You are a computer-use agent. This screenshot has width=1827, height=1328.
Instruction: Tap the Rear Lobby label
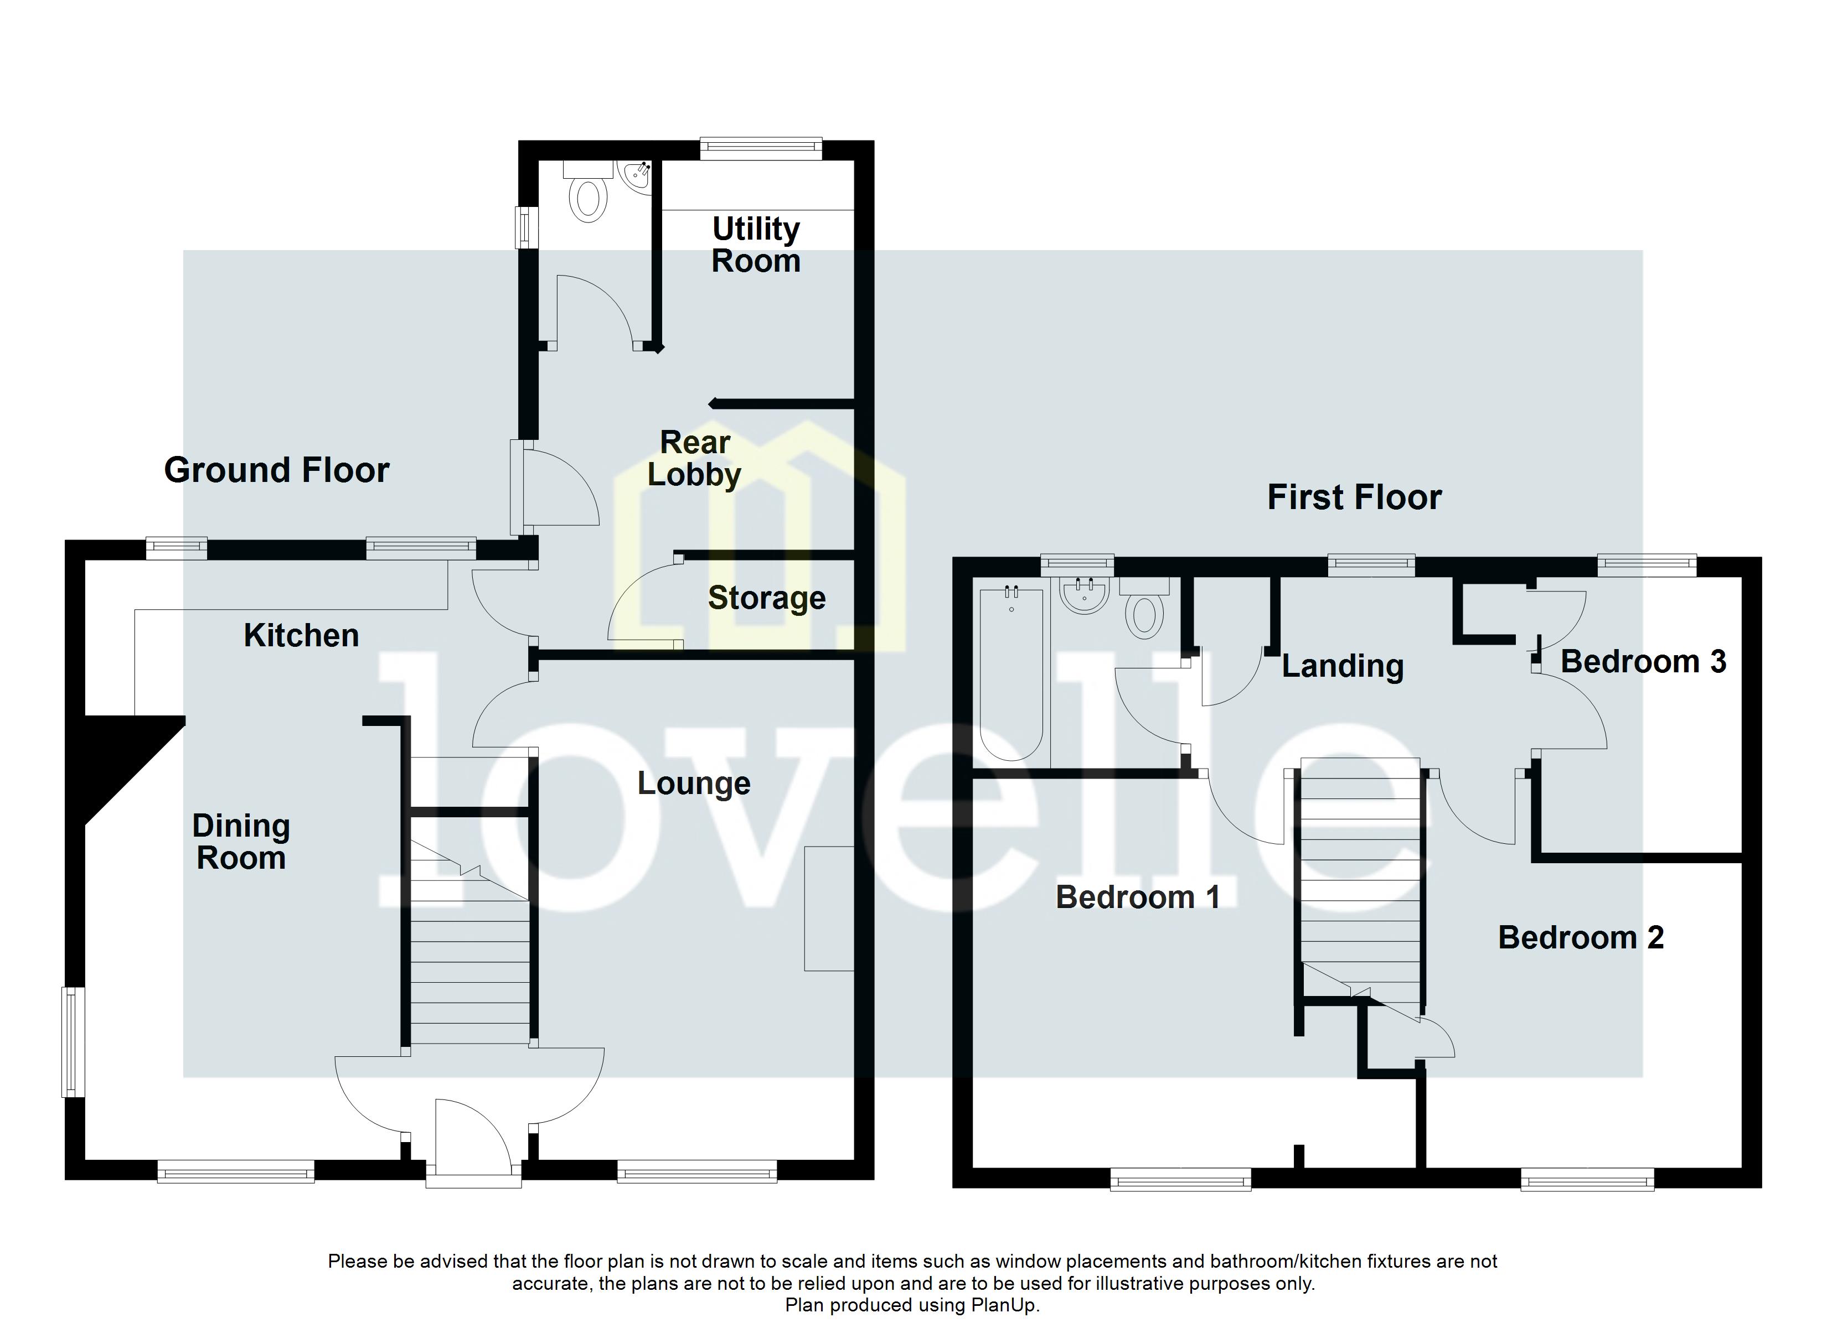(694, 458)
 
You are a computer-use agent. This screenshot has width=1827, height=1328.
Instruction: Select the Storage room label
(766, 598)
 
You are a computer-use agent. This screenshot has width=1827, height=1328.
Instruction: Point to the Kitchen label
(301, 635)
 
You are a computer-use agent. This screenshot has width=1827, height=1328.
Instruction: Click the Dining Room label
(241, 842)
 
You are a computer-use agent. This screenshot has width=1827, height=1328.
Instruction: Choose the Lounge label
(694, 783)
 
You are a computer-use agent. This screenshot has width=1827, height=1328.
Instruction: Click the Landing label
(1342, 666)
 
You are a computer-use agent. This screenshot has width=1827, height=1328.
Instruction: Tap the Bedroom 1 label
(1137, 897)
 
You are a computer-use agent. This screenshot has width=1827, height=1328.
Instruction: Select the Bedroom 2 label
(1581, 937)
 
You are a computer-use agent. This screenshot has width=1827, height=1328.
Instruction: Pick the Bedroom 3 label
(1643, 662)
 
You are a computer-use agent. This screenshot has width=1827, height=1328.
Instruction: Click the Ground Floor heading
(276, 470)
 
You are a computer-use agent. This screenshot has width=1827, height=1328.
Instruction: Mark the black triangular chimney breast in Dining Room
(121, 757)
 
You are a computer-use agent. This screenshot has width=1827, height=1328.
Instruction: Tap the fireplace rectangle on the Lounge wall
(828, 909)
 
